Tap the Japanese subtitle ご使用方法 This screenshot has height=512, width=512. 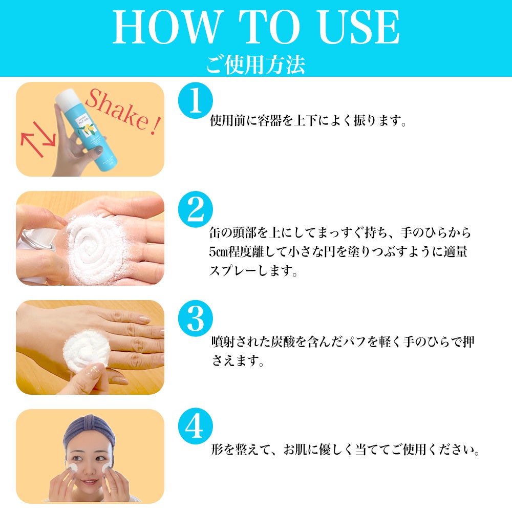click(x=255, y=65)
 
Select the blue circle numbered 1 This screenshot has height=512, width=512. click(x=195, y=100)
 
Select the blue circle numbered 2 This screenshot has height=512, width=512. click(x=195, y=209)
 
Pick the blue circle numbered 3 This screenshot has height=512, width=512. click(x=195, y=318)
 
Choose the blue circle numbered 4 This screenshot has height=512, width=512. click(x=195, y=426)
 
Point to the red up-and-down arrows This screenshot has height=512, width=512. click(x=38, y=139)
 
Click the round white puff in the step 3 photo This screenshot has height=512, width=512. click(x=86, y=351)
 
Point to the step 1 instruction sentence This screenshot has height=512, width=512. click(x=308, y=120)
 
